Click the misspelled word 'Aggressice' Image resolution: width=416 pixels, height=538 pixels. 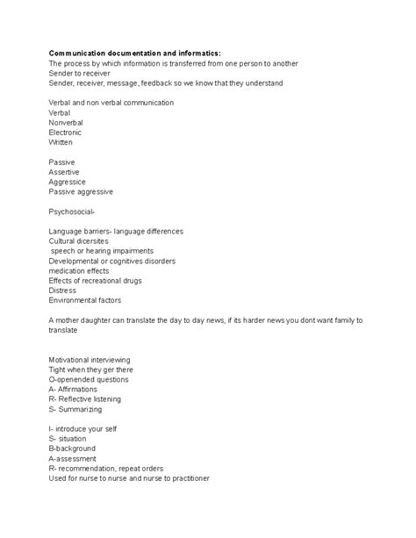[x=70, y=182]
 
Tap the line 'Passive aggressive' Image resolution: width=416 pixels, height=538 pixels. [x=81, y=191]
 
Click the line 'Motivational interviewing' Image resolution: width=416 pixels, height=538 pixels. [x=90, y=360]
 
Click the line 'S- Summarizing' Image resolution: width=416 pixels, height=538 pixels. [x=75, y=409]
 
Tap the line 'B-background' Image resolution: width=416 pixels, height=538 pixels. [x=75, y=448]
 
